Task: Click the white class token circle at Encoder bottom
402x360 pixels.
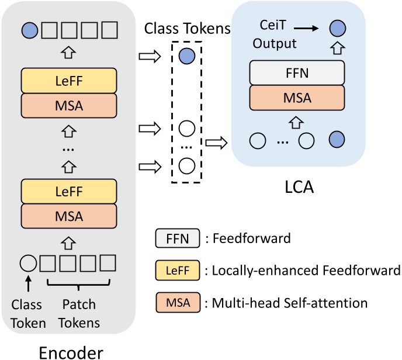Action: pyautogui.click(x=27, y=262)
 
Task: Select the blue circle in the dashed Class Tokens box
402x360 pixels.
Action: pyautogui.click(x=186, y=57)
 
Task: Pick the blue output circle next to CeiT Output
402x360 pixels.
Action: pyautogui.click(x=335, y=27)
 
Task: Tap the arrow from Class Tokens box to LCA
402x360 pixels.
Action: pyautogui.click(x=216, y=141)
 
